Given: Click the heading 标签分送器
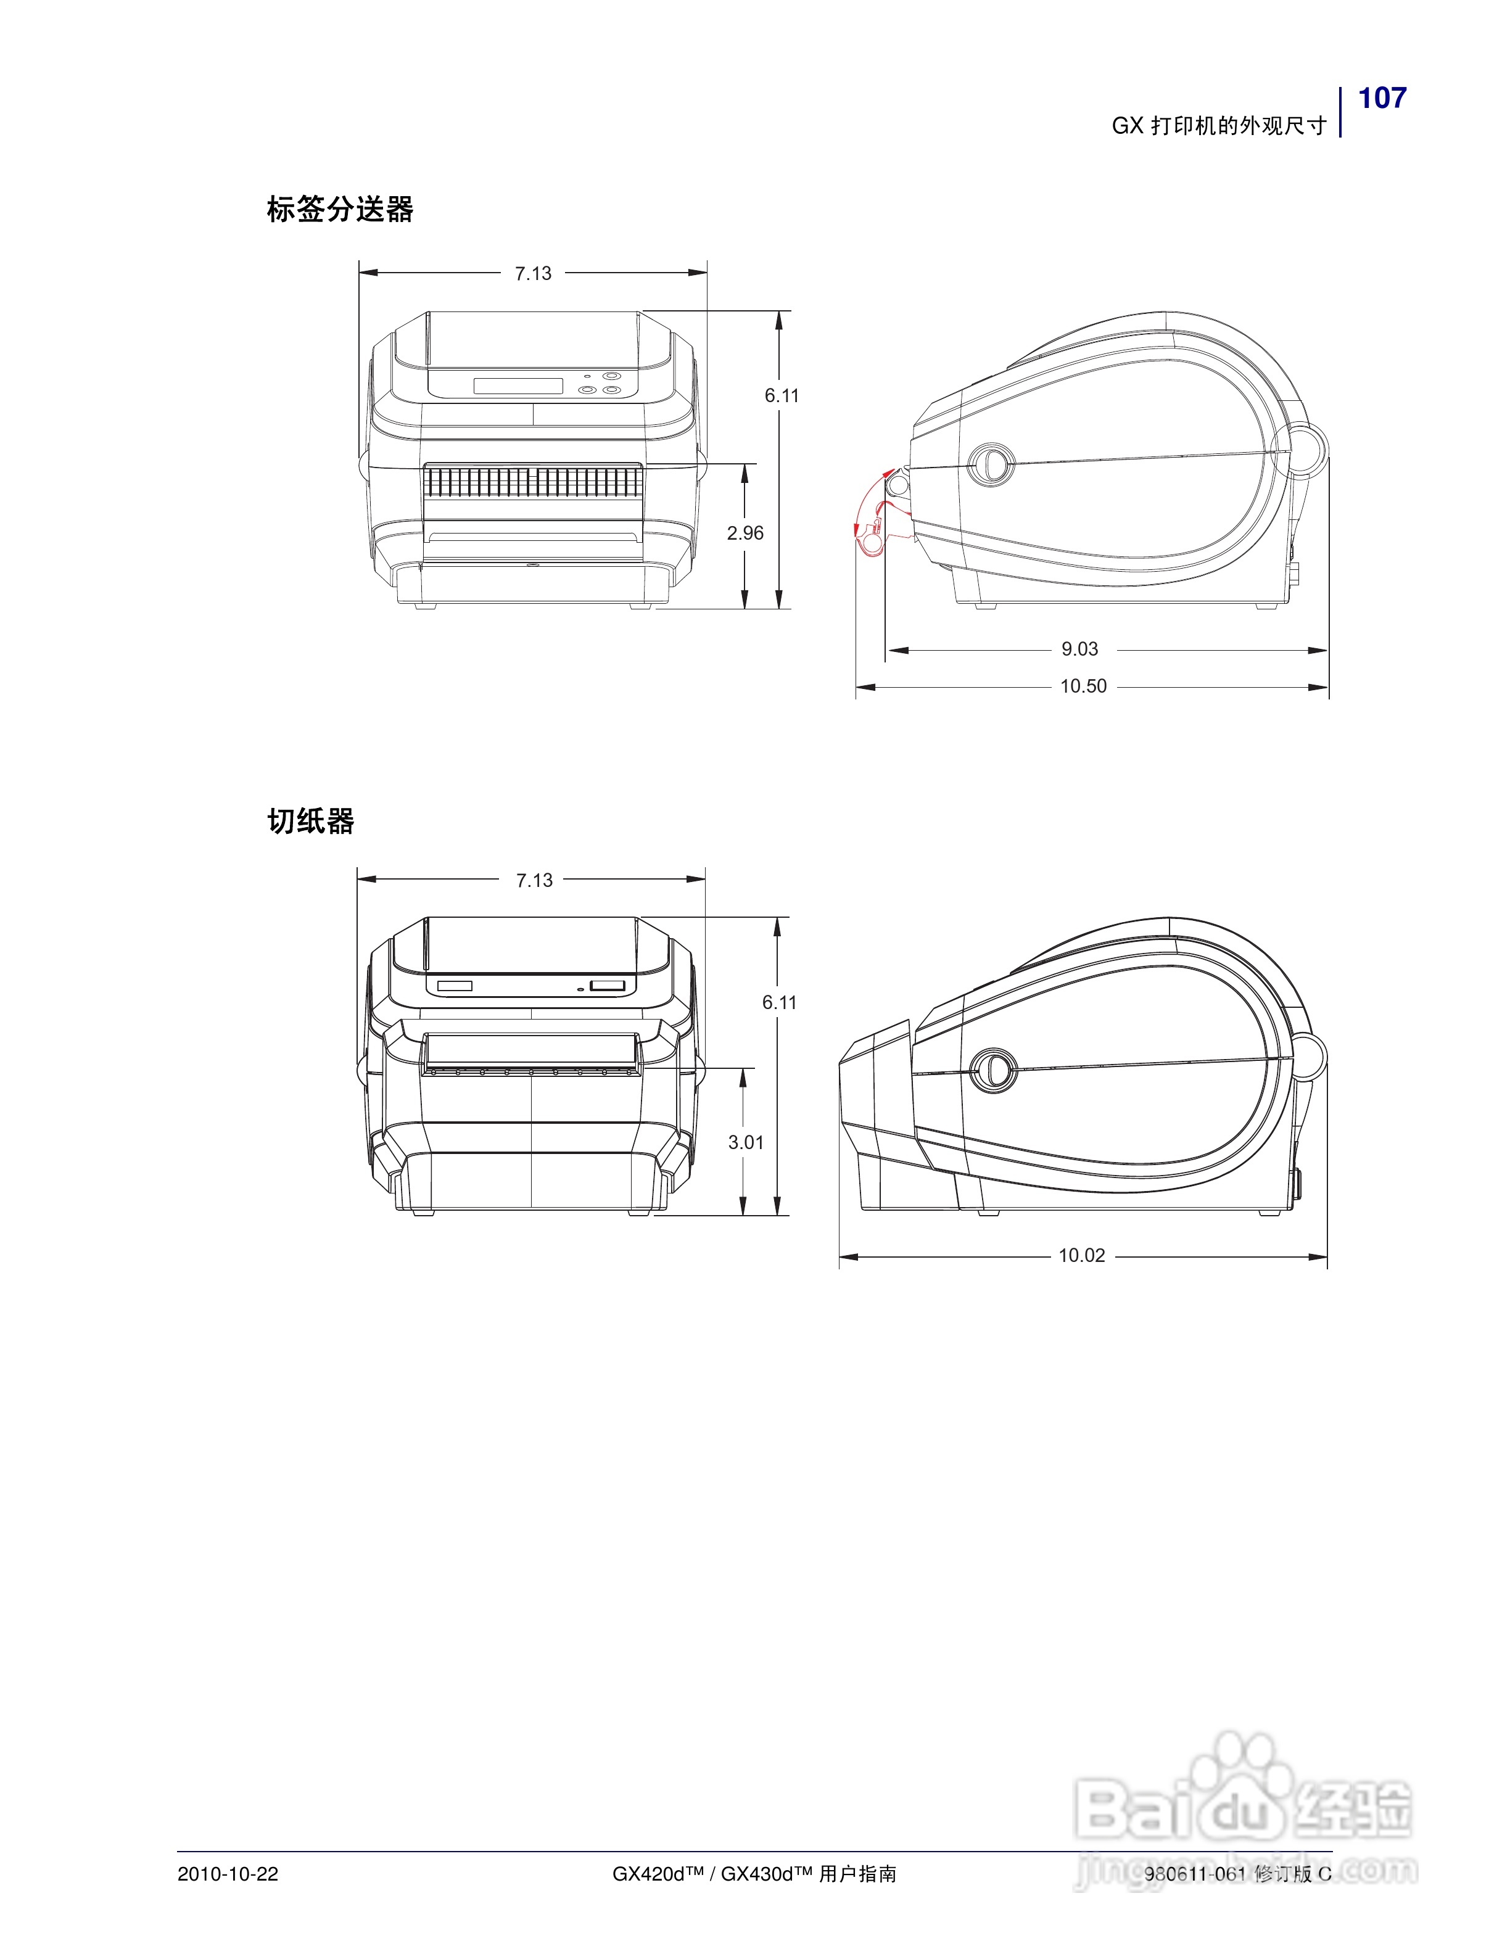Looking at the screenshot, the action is (x=340, y=209).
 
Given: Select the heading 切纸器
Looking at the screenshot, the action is (x=310, y=820).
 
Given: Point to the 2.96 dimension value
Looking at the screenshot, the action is (x=745, y=534).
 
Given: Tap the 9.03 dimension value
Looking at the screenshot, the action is (x=1079, y=649).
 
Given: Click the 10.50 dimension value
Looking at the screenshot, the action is (x=1083, y=686).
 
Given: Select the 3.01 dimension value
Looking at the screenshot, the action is (x=746, y=1142).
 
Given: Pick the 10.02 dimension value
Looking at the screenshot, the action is (x=1083, y=1255).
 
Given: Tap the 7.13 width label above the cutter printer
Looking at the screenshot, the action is (x=535, y=880).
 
